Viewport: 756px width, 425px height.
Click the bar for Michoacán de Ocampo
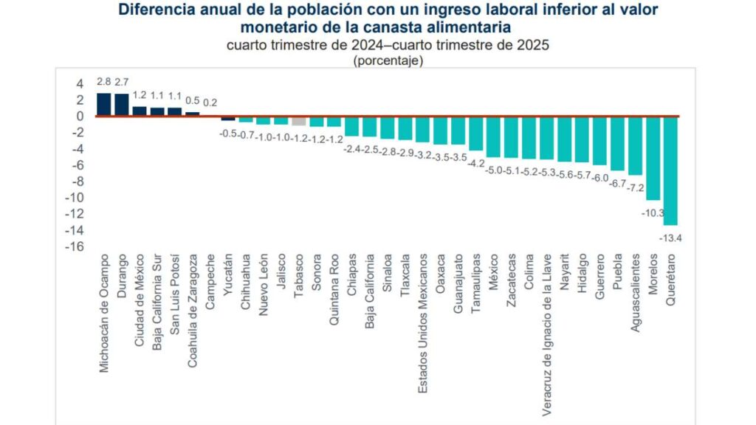pos(104,105)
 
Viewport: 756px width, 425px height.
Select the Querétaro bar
pos(670,170)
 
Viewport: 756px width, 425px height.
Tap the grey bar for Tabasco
pos(298,121)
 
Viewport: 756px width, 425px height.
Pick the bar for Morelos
pos(653,158)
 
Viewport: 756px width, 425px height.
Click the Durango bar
pos(122,105)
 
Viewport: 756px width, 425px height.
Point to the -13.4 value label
pos(670,237)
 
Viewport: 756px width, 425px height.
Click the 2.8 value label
pos(104,82)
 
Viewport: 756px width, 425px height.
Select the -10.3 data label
pos(653,212)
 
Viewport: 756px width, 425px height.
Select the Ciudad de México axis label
pos(140,294)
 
